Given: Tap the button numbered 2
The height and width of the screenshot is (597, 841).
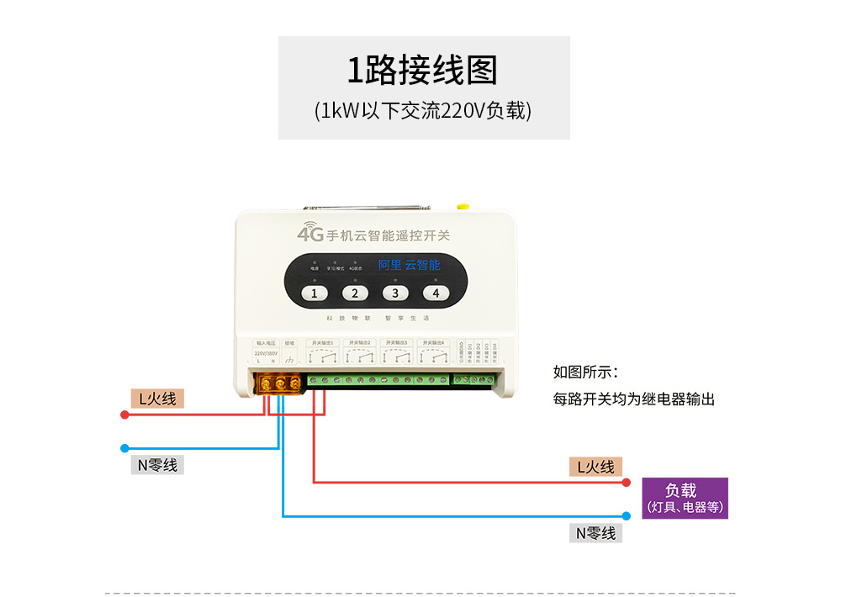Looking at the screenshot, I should pyautogui.click(x=354, y=293).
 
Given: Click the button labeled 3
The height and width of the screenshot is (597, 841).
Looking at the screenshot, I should pyautogui.click(x=394, y=293).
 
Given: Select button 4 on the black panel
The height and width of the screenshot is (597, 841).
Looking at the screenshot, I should pyautogui.click(x=435, y=293).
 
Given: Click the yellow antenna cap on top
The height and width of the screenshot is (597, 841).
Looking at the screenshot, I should pyautogui.click(x=461, y=205).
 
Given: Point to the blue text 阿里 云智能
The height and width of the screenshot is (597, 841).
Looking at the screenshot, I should pyautogui.click(x=409, y=265).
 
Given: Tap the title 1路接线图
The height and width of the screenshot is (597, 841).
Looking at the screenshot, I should pyautogui.click(x=423, y=71).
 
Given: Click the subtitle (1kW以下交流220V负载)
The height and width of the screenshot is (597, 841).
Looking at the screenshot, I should pyautogui.click(x=423, y=111).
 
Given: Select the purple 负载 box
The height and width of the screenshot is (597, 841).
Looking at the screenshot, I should pyautogui.click(x=685, y=498).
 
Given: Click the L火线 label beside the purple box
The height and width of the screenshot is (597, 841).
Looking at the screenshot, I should pyautogui.click(x=595, y=467).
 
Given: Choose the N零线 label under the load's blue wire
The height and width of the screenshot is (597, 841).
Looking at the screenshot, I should pyautogui.click(x=595, y=533).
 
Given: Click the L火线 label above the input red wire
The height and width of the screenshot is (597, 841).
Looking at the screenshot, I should pyautogui.click(x=157, y=399).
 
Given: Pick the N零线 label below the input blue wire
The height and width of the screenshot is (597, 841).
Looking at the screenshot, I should pyautogui.click(x=157, y=465).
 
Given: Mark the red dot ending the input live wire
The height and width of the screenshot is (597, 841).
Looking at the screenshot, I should pyautogui.click(x=124, y=415).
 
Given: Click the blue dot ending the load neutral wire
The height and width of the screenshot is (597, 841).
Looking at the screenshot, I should pyautogui.click(x=627, y=516).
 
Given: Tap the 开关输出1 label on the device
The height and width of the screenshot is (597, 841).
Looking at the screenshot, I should pyautogui.click(x=322, y=343).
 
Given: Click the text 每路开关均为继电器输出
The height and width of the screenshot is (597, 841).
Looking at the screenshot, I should pyautogui.click(x=633, y=399).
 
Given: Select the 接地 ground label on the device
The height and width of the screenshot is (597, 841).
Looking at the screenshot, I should pyautogui.click(x=289, y=343).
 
